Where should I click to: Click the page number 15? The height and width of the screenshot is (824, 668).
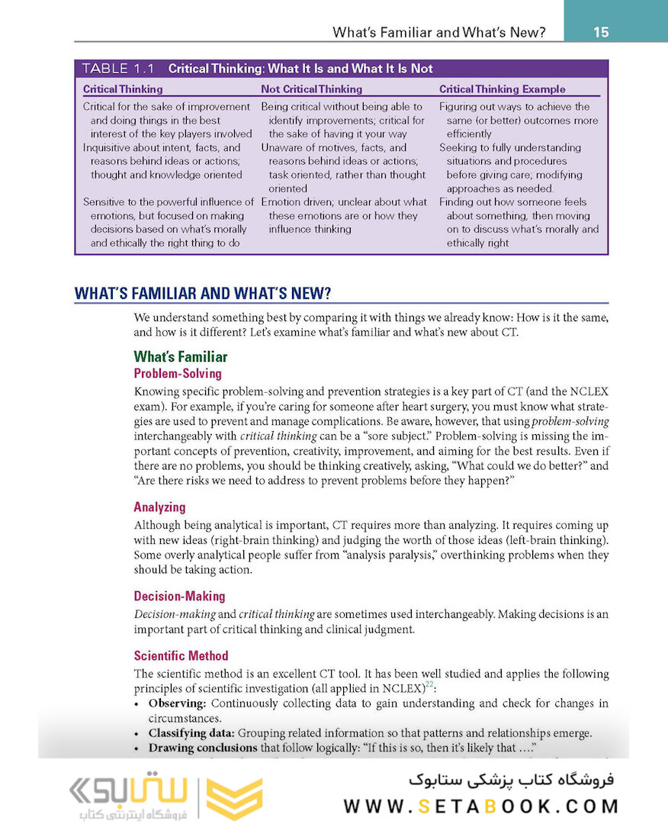(x=600, y=32)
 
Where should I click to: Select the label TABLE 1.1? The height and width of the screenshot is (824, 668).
(x=117, y=69)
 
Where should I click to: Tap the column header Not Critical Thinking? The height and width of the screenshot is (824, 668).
(x=311, y=89)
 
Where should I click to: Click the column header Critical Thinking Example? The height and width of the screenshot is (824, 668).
(x=502, y=89)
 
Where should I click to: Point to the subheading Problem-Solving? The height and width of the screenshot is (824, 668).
(x=177, y=374)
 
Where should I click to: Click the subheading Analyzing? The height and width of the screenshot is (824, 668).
(x=159, y=507)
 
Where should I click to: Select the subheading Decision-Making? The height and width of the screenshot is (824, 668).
(x=179, y=597)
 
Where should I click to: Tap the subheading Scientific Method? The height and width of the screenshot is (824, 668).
(x=181, y=656)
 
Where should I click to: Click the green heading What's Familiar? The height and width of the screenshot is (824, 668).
(x=180, y=357)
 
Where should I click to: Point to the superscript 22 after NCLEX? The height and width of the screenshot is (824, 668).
(x=429, y=684)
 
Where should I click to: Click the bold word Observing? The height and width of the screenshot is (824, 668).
(x=177, y=703)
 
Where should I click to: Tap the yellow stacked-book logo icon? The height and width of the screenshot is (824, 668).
(x=235, y=798)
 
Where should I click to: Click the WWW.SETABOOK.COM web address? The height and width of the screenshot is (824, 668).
(x=480, y=806)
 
